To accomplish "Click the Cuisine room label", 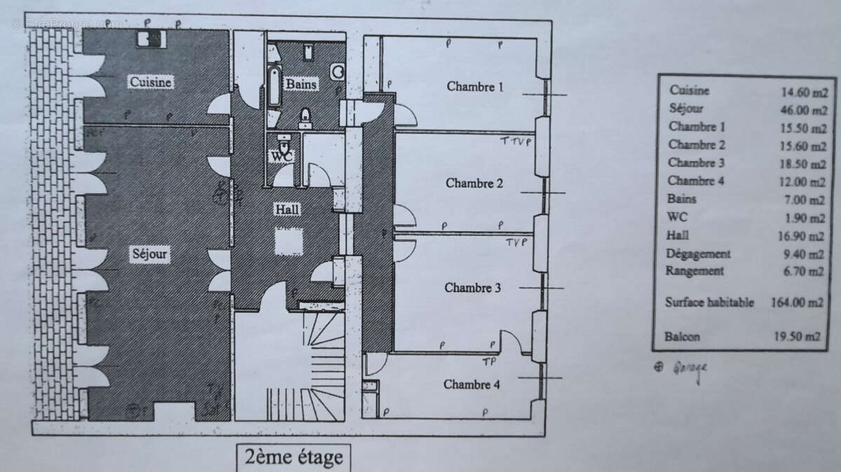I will (x=151, y=83).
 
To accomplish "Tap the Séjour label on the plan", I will (x=149, y=253).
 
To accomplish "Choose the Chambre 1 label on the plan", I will (x=475, y=87).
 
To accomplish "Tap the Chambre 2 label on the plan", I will (x=474, y=183).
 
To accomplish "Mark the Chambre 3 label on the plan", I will (x=472, y=288).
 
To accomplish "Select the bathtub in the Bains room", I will (x=274, y=88).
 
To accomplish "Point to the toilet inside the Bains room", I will (x=306, y=116).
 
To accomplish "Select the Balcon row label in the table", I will (x=683, y=337).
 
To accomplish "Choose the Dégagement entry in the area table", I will (x=699, y=254).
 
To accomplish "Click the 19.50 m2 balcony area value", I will (x=802, y=337).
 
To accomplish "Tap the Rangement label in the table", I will (x=697, y=272).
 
